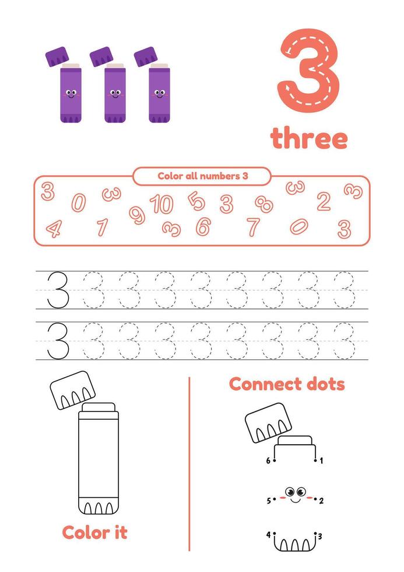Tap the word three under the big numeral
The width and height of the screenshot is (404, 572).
(308, 139)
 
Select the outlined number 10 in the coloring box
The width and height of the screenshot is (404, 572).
(161, 204)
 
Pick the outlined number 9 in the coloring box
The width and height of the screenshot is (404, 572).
(136, 215)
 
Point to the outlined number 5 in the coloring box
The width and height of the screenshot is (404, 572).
(196, 201)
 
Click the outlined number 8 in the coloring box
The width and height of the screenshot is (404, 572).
(264, 204)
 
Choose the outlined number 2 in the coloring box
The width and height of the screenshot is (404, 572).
(324, 201)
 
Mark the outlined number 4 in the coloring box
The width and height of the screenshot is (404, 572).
(53, 228)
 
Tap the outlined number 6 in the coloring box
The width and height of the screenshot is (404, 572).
(203, 226)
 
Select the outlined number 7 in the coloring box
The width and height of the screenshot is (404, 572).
(252, 226)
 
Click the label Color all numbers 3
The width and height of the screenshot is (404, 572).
(202, 176)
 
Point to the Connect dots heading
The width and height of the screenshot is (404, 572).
(287, 384)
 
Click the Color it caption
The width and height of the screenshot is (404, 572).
(94, 532)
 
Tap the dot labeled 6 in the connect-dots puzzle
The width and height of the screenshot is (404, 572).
(275, 461)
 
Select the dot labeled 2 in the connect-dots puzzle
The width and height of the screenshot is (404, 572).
(315, 500)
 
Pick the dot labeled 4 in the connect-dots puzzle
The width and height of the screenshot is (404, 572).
(274, 533)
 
